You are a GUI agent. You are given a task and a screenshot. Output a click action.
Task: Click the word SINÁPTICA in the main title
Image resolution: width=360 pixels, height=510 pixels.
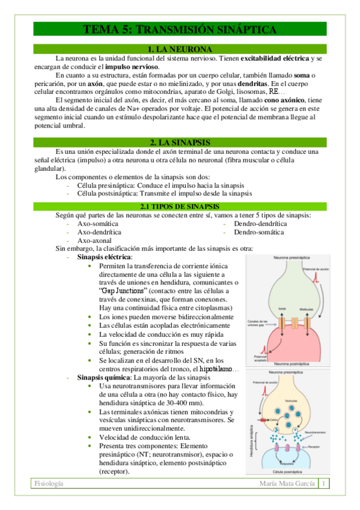point(240,29)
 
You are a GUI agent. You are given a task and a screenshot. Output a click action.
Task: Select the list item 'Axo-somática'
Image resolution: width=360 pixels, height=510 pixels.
point(99,223)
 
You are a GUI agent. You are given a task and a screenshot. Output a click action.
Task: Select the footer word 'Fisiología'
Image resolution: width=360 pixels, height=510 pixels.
point(49,484)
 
